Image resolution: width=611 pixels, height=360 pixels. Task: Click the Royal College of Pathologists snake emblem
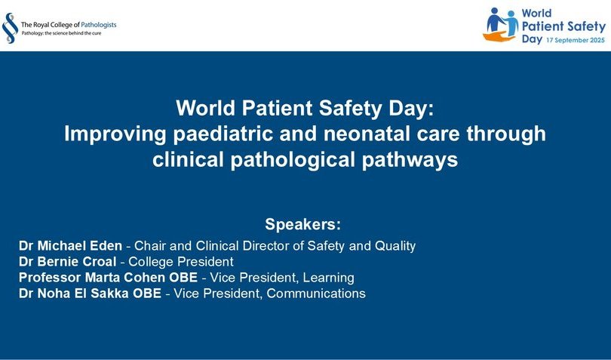10,28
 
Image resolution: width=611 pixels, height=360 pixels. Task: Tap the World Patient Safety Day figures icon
501,26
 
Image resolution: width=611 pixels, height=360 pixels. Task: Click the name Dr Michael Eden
70,246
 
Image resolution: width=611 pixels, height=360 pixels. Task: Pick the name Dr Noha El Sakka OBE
89,294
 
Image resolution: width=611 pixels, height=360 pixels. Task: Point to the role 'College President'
183,262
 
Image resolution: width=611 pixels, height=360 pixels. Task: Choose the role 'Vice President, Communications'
269,294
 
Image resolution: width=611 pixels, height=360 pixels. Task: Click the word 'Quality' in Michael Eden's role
393,246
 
